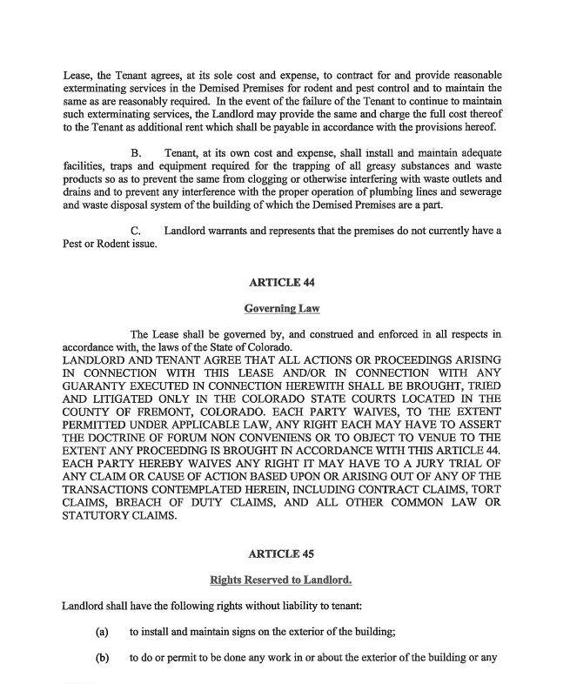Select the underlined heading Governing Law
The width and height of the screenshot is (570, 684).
pos(281,308)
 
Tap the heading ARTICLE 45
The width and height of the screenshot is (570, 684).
pos(281,553)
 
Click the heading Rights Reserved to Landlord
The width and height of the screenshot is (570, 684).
pos(281,579)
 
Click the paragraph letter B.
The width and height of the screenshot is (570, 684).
pos(136,153)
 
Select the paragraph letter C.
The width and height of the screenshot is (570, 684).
pos(136,230)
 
